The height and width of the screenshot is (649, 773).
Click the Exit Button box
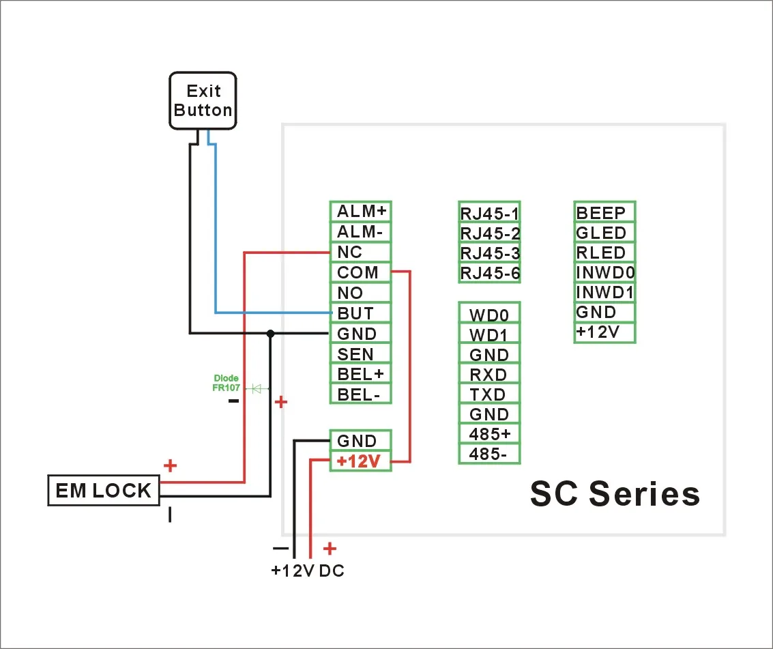coord(203,100)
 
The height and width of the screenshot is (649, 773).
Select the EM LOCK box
coord(104,490)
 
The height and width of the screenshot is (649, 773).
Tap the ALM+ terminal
coord(360,212)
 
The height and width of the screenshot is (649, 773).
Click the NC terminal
coord(360,252)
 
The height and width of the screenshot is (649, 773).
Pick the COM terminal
coord(360,272)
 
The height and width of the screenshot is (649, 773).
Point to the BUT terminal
coord(360,313)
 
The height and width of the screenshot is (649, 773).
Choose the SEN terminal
coord(360,354)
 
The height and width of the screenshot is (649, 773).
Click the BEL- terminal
coord(360,394)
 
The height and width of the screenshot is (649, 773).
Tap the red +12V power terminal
coord(360,461)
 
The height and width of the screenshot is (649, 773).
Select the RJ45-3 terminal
coord(490,253)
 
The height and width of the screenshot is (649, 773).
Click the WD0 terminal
coord(490,314)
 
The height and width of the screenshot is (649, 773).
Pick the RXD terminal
coord(490,374)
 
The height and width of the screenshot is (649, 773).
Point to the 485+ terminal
coord(490,434)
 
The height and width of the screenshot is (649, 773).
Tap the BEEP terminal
coord(605,212)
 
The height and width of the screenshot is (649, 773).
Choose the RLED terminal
coord(605,253)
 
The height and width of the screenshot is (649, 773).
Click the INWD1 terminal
coord(605,292)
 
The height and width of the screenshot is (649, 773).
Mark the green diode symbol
coord(257,388)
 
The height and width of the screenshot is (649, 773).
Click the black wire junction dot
coord(270,334)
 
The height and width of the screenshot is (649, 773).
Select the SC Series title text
coord(615,493)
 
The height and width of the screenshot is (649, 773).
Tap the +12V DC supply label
coord(308,571)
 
